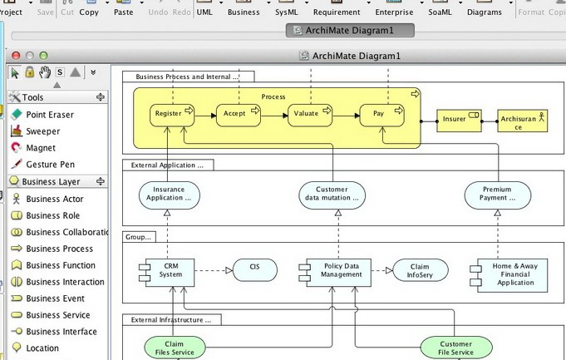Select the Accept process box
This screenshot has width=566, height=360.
click(x=238, y=114)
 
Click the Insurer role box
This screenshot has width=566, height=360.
click(x=458, y=120)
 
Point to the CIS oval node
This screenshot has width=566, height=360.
click(x=255, y=269)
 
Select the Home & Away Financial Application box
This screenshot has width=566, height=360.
click(x=510, y=274)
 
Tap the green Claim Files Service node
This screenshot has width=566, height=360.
click(x=175, y=347)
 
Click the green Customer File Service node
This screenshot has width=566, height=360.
click(x=455, y=348)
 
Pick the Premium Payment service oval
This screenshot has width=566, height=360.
click(x=497, y=195)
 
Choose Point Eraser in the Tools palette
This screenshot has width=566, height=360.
click(x=49, y=115)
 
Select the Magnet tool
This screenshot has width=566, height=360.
click(x=41, y=148)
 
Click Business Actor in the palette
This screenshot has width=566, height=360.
click(x=54, y=199)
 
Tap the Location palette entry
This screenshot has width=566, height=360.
click(x=42, y=348)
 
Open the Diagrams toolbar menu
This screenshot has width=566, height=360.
click(x=485, y=12)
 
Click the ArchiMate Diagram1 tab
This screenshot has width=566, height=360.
click(x=339, y=31)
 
